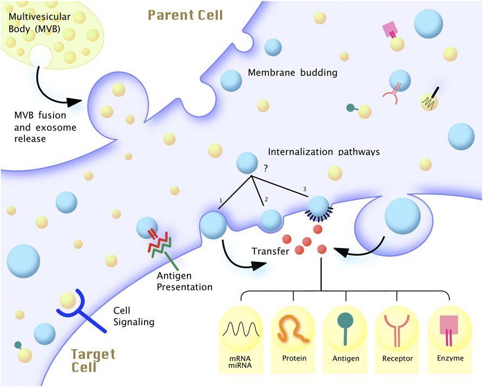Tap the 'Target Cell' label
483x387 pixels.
pos(93,361)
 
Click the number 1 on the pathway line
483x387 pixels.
pos(220,201)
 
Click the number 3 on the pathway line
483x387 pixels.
pos(304,188)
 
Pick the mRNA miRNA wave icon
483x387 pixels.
pos(240,329)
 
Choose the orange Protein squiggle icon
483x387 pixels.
pos(292,328)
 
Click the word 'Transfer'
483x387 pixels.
pos(270,251)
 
